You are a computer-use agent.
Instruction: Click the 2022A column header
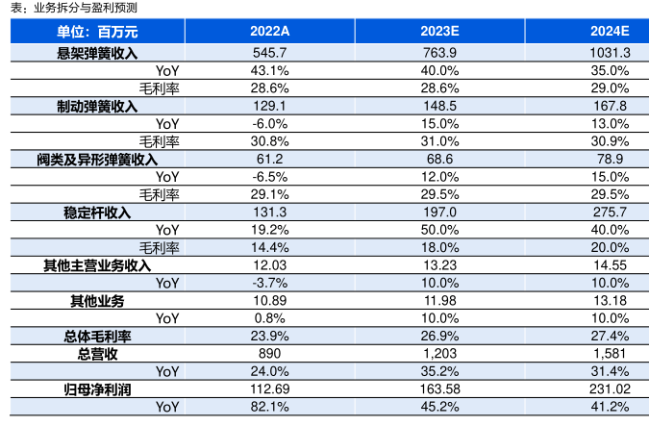(269, 33)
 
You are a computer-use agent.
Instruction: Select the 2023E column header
(438, 33)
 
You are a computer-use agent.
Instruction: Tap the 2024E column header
(610, 33)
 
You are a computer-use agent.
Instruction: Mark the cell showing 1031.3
(610, 52)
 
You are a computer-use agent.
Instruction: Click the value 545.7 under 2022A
(269, 52)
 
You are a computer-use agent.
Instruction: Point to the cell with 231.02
(608, 388)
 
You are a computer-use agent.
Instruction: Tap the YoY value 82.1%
(269, 407)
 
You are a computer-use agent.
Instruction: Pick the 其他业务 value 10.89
(269, 300)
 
